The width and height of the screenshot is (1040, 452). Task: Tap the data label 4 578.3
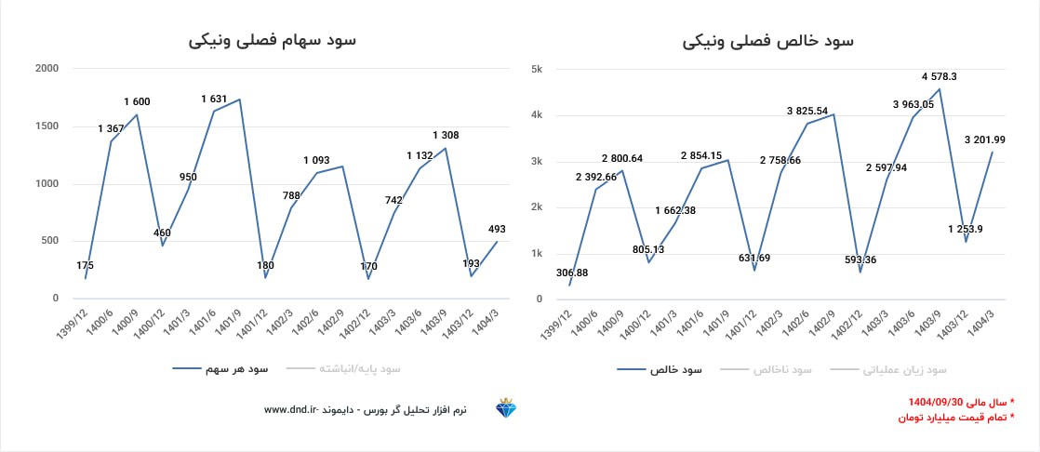click(x=940, y=76)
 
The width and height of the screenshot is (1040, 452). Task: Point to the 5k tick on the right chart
click(x=537, y=69)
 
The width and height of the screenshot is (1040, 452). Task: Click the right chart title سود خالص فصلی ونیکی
click(x=767, y=41)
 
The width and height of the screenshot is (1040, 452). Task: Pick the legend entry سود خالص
click(x=676, y=369)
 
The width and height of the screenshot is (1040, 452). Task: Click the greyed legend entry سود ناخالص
click(x=782, y=369)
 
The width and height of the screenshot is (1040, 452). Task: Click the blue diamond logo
click(x=508, y=409)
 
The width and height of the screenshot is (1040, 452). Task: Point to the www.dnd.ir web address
click(x=291, y=409)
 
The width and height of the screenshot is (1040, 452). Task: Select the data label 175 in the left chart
click(x=85, y=265)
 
